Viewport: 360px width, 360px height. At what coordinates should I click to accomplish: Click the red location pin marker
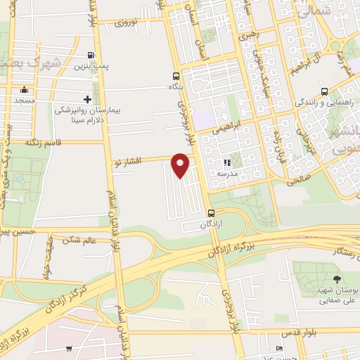click(x=181, y=164)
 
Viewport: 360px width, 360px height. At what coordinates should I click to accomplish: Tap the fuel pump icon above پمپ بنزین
click(x=91, y=56)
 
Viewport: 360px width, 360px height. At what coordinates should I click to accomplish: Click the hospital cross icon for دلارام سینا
click(x=87, y=99)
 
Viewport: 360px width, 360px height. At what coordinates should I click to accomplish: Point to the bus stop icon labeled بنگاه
click(x=175, y=77)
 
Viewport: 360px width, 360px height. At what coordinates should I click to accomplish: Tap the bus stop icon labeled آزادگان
click(x=211, y=213)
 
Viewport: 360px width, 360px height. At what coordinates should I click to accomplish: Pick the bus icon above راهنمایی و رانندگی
click(x=324, y=91)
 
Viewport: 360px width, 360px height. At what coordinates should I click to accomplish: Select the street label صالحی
click(x=299, y=181)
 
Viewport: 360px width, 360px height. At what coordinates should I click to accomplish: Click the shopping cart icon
click(x=69, y=349)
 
